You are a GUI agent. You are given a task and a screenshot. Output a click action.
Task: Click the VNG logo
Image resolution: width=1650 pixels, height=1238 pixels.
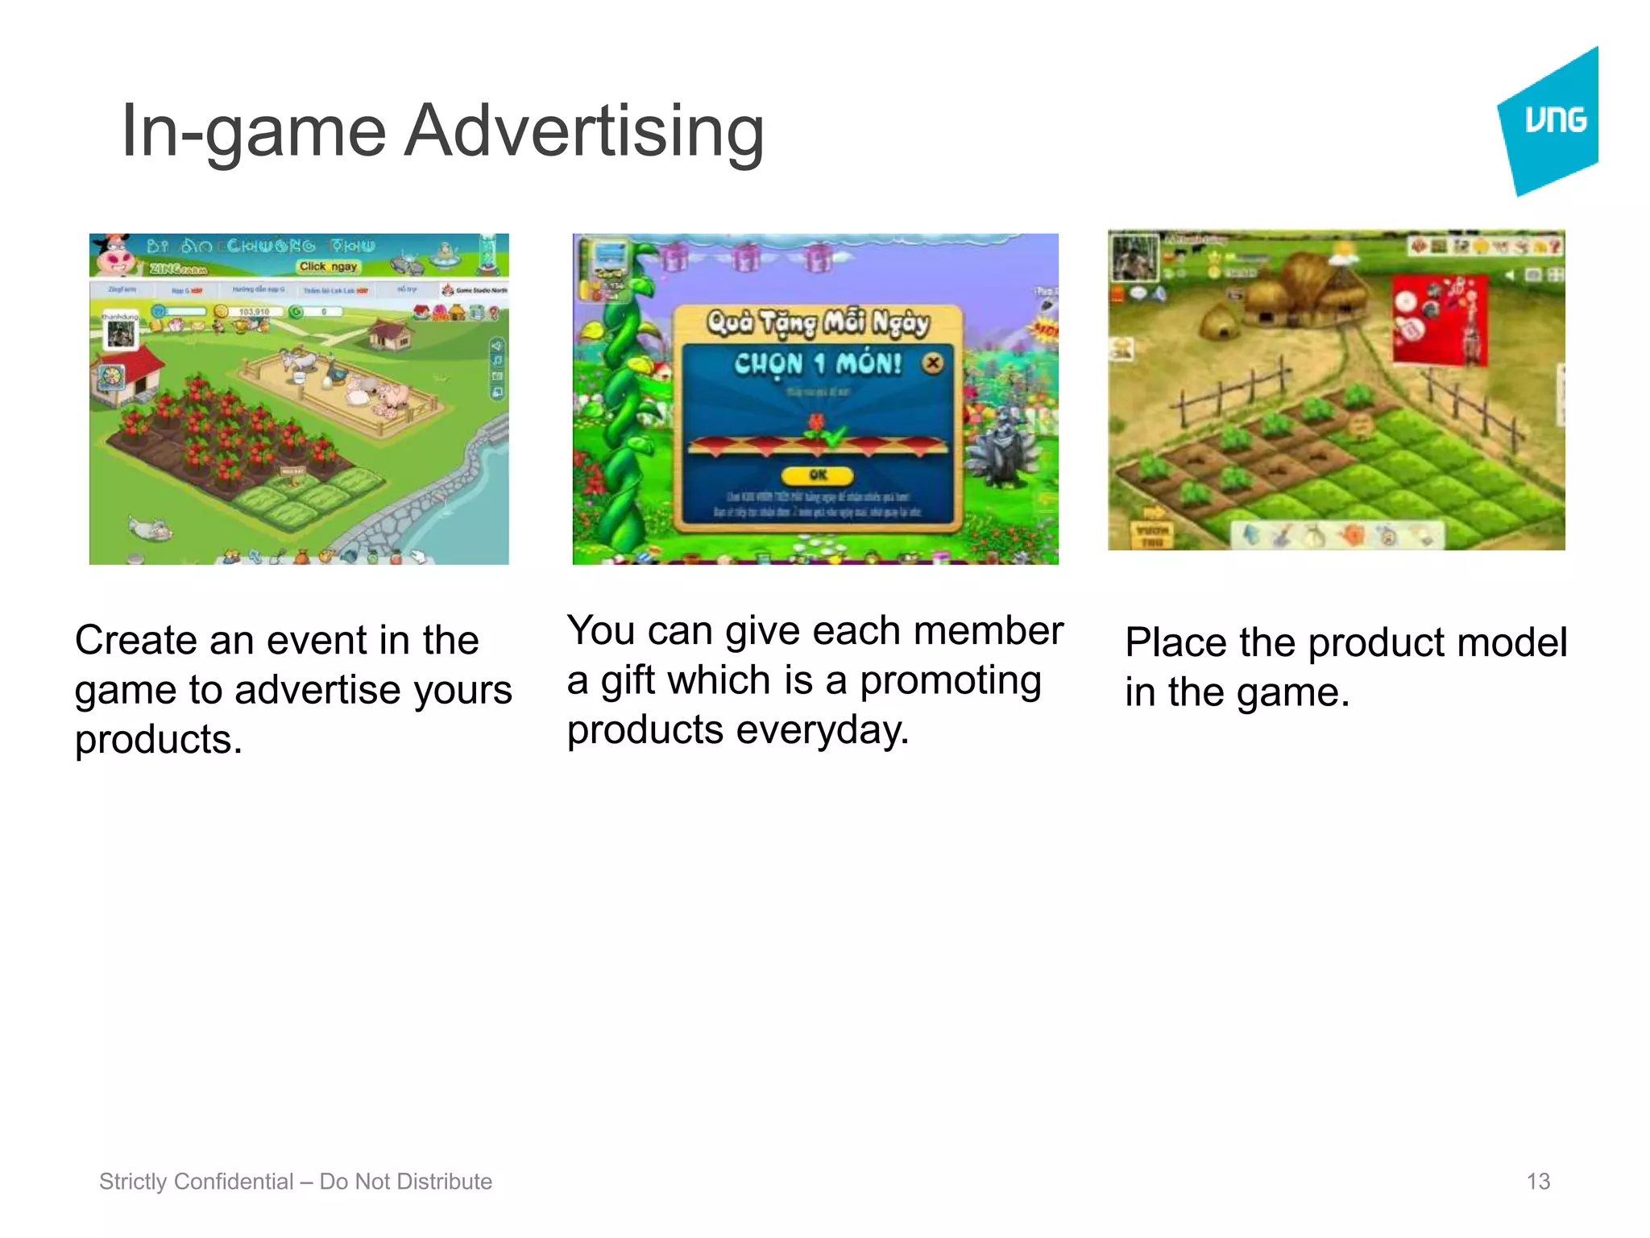1551,121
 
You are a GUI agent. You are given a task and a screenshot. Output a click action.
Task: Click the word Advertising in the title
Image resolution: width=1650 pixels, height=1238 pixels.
583,131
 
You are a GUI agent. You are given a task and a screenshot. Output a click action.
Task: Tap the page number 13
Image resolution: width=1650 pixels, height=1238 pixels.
1537,1182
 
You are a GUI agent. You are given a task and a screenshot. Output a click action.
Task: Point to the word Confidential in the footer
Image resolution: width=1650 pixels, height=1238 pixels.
234,1182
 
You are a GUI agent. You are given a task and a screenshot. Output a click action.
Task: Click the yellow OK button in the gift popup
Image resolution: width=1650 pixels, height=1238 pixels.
818,475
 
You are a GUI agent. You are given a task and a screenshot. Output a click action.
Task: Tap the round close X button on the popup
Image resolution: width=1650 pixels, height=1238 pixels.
932,363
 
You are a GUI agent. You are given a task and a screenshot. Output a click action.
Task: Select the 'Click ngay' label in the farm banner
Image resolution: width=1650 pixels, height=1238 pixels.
328,266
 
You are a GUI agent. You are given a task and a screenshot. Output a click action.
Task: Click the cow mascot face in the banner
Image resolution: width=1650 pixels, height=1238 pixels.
115,256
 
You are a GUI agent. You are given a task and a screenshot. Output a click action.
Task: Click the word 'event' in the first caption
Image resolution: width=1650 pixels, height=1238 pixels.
316,641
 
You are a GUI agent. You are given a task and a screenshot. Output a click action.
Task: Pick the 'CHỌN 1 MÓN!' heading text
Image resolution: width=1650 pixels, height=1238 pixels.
817,364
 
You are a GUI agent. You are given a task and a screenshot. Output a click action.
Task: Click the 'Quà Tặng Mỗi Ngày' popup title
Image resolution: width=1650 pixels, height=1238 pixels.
818,322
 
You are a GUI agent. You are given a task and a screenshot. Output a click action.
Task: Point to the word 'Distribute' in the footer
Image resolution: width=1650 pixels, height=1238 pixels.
446,1182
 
